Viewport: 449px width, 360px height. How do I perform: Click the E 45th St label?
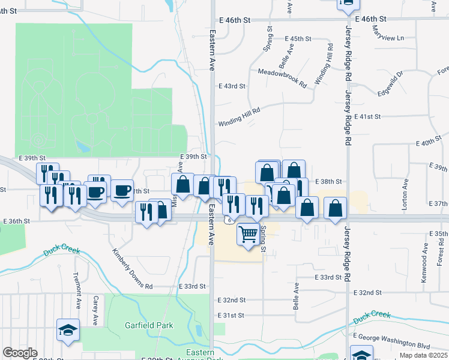click(x=298, y=38)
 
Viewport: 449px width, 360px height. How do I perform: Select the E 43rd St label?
click(x=232, y=86)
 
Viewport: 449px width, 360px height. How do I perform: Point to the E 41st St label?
click(x=368, y=116)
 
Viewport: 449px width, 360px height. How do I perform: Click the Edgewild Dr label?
click(x=390, y=84)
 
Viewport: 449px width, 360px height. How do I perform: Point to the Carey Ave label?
click(x=95, y=310)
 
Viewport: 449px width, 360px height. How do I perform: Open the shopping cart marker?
click(x=249, y=233)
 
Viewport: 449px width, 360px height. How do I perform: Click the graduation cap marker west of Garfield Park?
click(x=68, y=329)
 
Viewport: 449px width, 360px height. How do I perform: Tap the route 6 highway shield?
click(x=230, y=221)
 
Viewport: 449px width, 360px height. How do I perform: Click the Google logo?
click(x=20, y=353)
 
